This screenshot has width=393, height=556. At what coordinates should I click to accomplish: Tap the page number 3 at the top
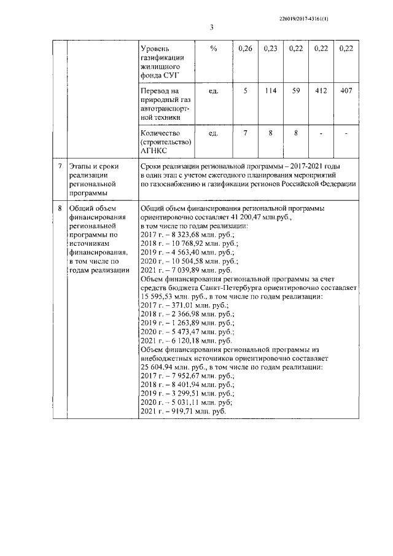coord(211,28)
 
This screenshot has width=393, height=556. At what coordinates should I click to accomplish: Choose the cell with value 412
coord(321,91)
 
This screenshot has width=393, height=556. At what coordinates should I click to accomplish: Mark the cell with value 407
coord(346,91)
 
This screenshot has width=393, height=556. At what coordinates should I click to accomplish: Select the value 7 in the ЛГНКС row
coord(245,133)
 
